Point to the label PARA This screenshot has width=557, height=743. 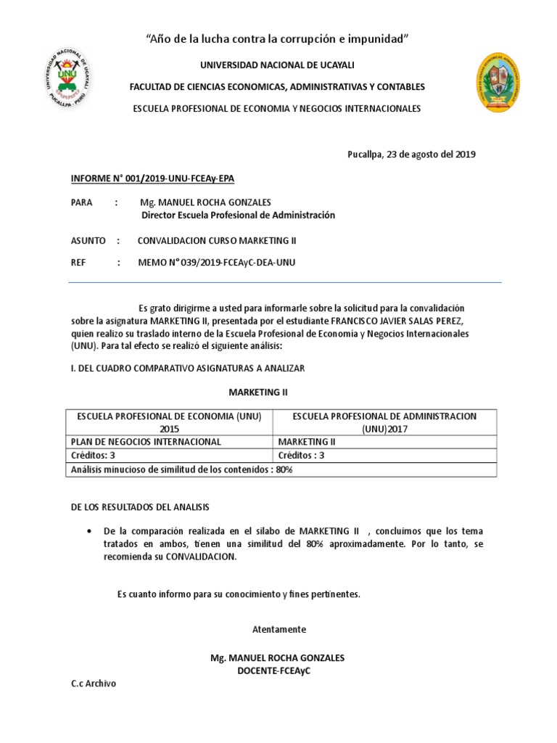tap(82, 202)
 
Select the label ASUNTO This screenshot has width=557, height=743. tap(88, 240)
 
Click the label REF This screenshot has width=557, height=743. tap(79, 262)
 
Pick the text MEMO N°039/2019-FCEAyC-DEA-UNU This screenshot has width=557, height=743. tap(217, 262)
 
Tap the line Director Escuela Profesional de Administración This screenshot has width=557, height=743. tap(238, 215)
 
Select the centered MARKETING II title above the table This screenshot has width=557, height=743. tap(258, 392)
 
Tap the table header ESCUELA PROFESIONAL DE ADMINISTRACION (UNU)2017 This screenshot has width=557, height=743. tap(384, 422)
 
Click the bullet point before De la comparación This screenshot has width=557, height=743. tap(88, 531)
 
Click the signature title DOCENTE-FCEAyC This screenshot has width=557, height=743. tap(277, 671)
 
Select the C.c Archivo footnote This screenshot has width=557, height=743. tap(93, 684)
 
